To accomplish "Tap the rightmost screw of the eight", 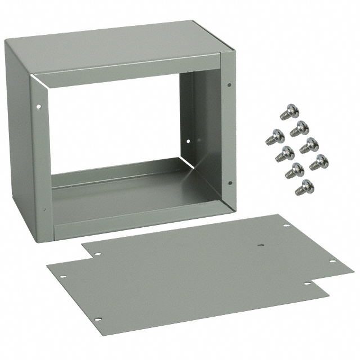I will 318,162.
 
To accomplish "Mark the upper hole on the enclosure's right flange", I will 229,85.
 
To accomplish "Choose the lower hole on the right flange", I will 229,182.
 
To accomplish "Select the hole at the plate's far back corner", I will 286,226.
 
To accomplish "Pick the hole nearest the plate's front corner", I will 97,319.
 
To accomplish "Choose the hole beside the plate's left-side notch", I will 97,254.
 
